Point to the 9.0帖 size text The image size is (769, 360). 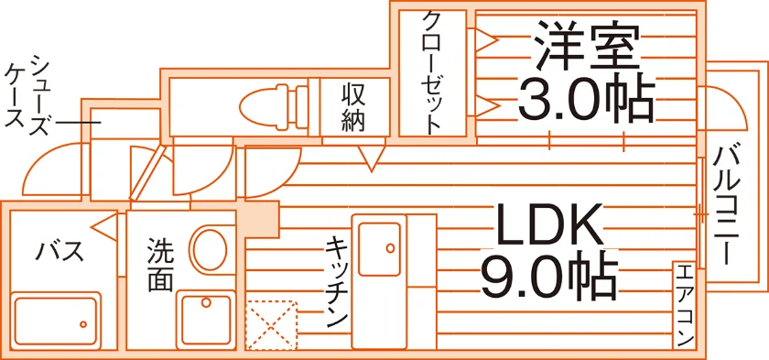(548, 278)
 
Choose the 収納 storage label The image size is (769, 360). (353, 108)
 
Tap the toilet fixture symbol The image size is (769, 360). (275, 105)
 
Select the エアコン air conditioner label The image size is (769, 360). (685, 304)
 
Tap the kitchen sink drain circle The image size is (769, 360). (390, 248)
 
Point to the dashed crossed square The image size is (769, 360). (271, 325)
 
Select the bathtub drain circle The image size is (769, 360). (83, 324)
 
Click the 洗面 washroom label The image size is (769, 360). (160, 265)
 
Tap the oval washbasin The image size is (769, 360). (211, 248)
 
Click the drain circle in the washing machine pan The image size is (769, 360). (205, 302)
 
